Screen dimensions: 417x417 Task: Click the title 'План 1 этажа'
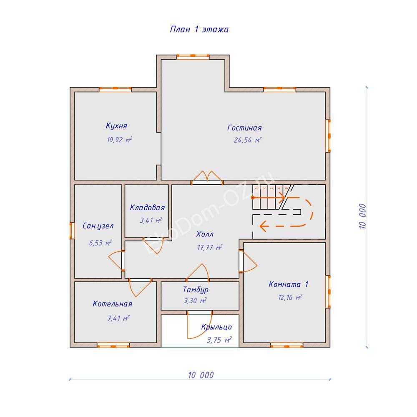click(x=199, y=30)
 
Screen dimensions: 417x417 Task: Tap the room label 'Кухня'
click(x=116, y=126)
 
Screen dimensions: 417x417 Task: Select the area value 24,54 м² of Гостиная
click(x=248, y=141)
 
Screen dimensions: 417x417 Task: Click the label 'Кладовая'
click(x=147, y=208)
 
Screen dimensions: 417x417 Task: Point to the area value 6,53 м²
click(x=100, y=243)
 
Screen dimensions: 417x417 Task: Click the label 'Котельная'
click(x=112, y=304)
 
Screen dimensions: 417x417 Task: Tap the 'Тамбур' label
click(x=196, y=290)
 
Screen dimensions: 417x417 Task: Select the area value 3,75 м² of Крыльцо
click(x=219, y=340)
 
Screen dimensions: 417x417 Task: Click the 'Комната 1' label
click(x=289, y=285)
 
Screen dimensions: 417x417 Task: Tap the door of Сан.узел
click(x=117, y=261)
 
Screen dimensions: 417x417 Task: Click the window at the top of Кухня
click(x=115, y=89)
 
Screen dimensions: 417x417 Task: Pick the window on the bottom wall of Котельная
click(x=113, y=345)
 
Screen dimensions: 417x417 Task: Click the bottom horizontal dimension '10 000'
click(x=201, y=375)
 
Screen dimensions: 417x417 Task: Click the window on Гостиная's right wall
click(x=329, y=136)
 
